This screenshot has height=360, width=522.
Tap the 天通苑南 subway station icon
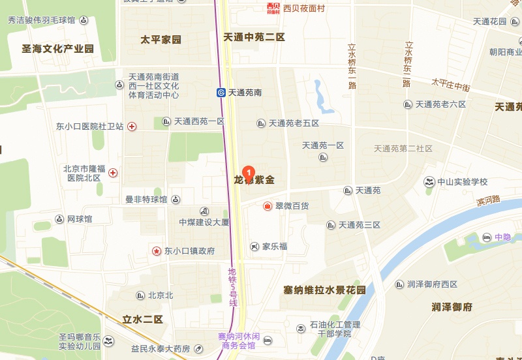(x=222, y=93)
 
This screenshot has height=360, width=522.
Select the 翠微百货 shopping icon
(x=268, y=206)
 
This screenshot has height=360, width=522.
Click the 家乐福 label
(x=275, y=247)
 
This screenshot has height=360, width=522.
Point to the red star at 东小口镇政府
(x=157, y=250)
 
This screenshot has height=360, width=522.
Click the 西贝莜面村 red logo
(x=273, y=8)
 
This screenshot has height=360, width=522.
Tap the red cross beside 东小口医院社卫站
(x=132, y=127)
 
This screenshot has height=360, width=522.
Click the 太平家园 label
(x=161, y=40)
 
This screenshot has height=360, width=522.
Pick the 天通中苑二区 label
(x=254, y=37)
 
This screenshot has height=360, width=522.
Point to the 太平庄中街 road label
(x=450, y=84)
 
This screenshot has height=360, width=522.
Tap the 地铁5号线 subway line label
(x=232, y=288)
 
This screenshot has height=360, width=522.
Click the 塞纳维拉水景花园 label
(x=324, y=289)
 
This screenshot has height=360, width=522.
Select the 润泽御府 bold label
(x=452, y=307)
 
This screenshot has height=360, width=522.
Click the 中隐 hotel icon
(x=487, y=237)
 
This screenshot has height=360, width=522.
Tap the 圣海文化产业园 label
(x=58, y=49)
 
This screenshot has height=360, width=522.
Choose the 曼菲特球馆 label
(x=146, y=200)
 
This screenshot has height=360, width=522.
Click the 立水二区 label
(x=142, y=319)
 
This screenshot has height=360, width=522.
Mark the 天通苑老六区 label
(x=440, y=104)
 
